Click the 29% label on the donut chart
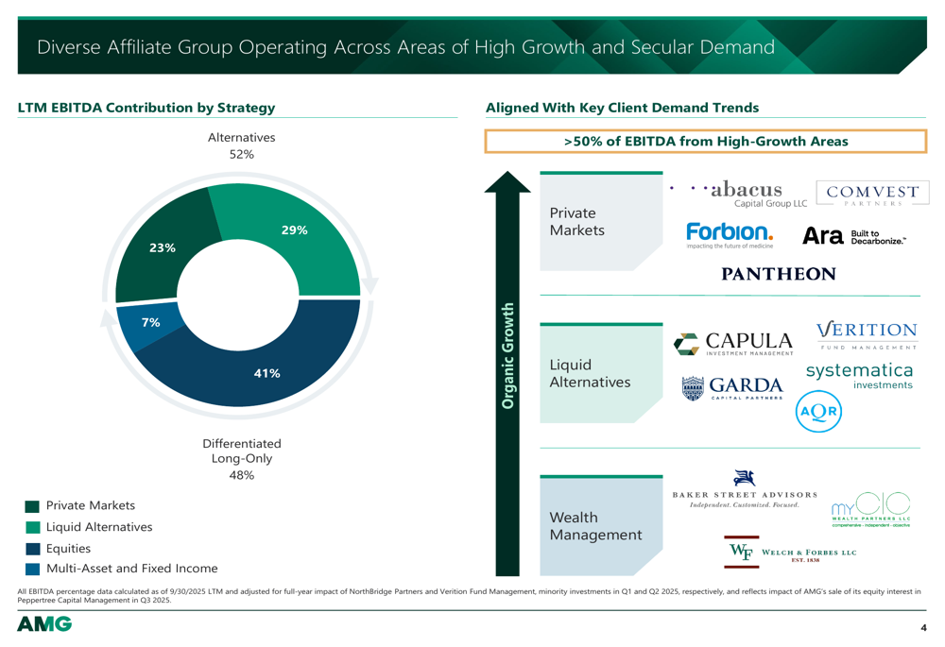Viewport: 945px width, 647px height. [x=294, y=230]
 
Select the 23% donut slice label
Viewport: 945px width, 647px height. [x=162, y=247]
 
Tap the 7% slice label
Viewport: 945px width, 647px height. [x=149, y=322]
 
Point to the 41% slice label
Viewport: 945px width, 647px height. [x=267, y=373]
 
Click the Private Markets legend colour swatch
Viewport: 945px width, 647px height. [x=33, y=506]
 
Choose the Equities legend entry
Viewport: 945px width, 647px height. [x=68, y=548]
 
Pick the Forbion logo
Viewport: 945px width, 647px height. [x=730, y=234]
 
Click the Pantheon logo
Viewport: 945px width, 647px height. [x=778, y=274]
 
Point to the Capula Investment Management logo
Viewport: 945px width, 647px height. [x=733, y=344]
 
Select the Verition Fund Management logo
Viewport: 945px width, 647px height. [x=866, y=334]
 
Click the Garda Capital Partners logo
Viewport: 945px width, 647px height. [x=732, y=387]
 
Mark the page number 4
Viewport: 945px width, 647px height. [x=923, y=628]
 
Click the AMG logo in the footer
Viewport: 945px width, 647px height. [x=44, y=624]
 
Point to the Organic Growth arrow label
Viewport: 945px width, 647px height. [x=507, y=356]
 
